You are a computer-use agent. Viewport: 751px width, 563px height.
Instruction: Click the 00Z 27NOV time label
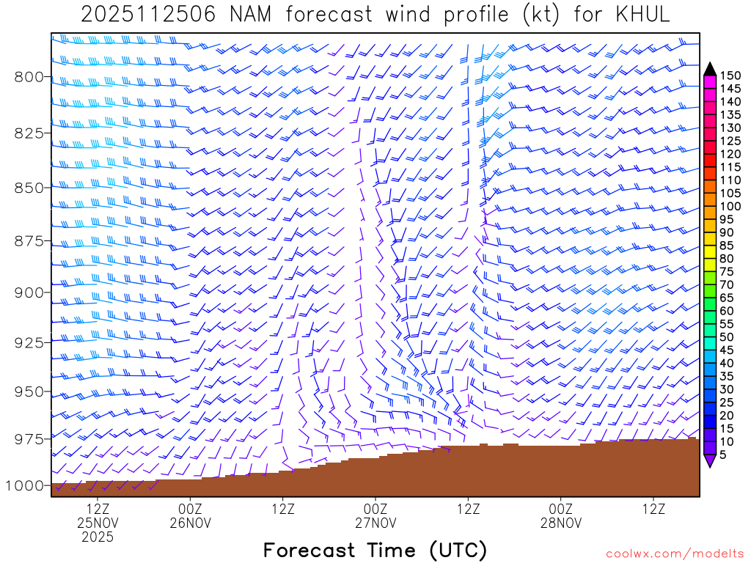(x=375, y=516)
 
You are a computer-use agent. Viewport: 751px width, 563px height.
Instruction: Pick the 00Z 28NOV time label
(x=561, y=516)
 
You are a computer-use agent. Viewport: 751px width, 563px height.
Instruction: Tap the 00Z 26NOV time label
(x=190, y=516)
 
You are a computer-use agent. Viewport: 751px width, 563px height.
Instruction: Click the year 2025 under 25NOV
(x=98, y=537)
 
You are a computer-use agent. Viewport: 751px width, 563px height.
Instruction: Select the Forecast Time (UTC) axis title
(x=375, y=550)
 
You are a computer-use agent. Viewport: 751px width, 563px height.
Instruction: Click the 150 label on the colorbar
(x=729, y=76)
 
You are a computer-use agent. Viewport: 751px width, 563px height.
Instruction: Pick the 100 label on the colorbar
(x=729, y=206)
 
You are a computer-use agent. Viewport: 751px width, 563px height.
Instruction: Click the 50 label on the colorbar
(x=726, y=336)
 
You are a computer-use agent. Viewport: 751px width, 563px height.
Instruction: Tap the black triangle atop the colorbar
(x=710, y=69)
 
